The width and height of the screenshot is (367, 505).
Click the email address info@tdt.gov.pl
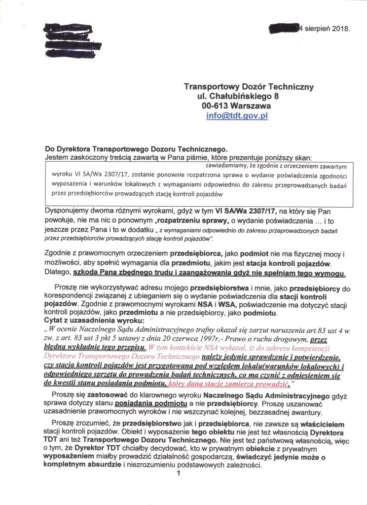[x=237, y=116]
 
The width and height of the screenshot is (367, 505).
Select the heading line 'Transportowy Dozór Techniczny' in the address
[x=249, y=86]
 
